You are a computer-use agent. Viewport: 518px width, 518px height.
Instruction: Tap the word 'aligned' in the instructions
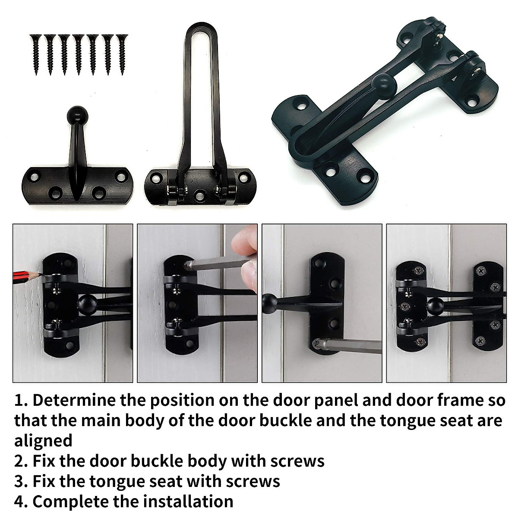pos(43,441)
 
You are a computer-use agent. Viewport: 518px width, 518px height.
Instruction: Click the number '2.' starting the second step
pos(21,461)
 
